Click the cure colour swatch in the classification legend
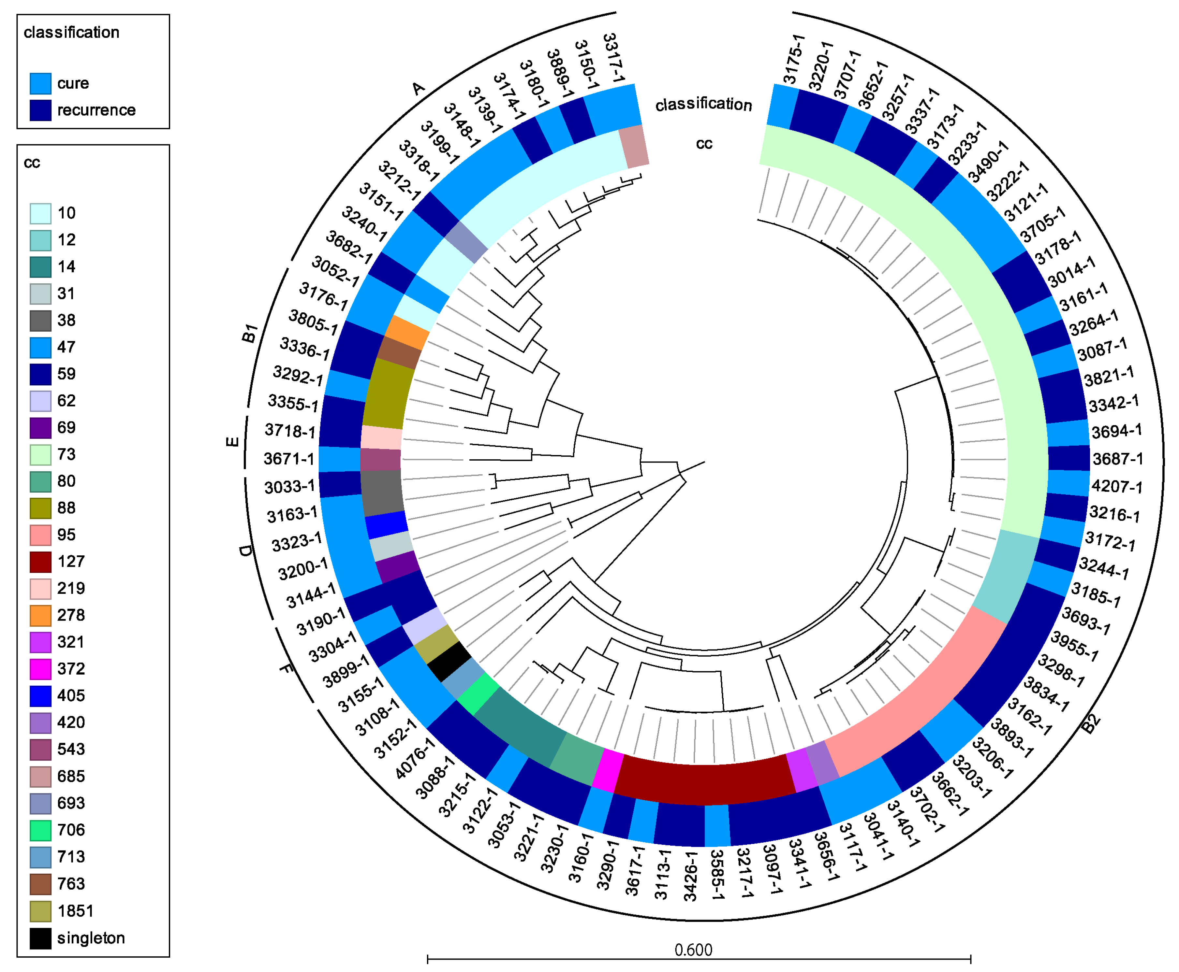point(40,83)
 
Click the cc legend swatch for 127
point(40,562)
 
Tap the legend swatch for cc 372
point(40,669)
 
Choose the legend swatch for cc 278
point(40,615)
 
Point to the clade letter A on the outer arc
point(418,89)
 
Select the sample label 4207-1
point(1116,486)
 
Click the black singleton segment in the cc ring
point(448,661)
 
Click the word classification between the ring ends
point(703,104)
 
